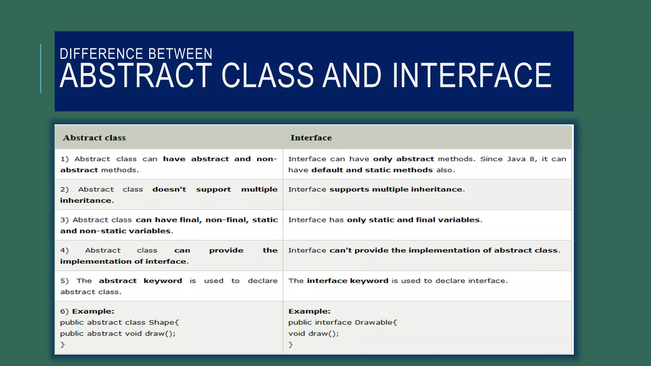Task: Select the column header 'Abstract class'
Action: (94, 138)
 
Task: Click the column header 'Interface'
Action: (311, 138)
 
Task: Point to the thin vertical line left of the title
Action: (41, 69)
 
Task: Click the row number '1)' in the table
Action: (65, 159)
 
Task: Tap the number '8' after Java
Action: (532, 159)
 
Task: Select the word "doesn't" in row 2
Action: (169, 189)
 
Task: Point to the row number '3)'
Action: (65, 220)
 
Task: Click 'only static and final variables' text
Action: (413, 220)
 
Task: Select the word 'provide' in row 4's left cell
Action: (226, 250)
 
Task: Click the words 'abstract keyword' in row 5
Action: (140, 281)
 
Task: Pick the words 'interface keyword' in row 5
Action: (347, 281)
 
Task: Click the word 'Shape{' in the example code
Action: (164, 322)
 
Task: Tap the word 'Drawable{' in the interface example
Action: (376, 322)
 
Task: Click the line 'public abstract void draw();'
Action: (118, 334)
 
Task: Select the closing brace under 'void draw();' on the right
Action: (290, 345)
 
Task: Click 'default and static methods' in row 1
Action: (372, 170)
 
